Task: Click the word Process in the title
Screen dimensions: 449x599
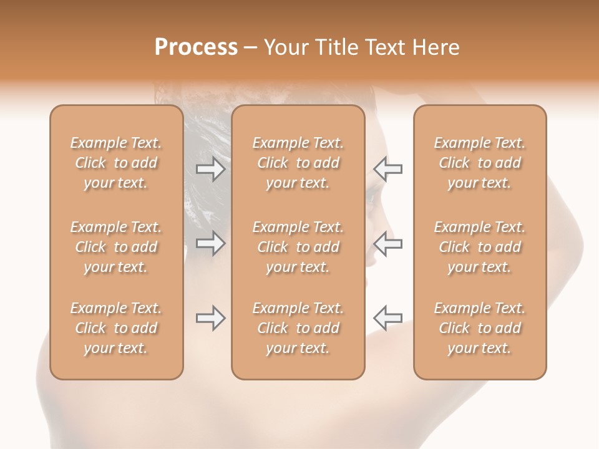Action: tap(196, 47)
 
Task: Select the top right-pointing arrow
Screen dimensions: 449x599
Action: tap(210, 169)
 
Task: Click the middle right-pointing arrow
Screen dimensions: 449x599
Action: tap(210, 243)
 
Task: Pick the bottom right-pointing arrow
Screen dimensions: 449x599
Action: tap(210, 318)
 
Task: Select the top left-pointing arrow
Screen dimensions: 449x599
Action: tap(388, 169)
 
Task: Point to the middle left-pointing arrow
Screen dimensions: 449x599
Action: tap(388, 243)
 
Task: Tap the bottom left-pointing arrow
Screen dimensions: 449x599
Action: tap(388, 318)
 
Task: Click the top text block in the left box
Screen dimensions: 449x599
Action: tap(116, 163)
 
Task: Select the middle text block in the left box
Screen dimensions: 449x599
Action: tap(116, 247)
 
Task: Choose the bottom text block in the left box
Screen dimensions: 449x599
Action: tap(116, 328)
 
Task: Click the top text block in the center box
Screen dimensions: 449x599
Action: tap(298, 163)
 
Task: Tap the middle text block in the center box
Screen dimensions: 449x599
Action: tap(298, 247)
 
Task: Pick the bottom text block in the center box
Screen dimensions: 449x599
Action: tap(298, 328)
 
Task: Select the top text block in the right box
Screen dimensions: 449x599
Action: tap(480, 163)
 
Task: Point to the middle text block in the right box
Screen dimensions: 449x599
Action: tap(480, 247)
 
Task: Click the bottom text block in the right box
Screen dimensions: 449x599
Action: tap(480, 328)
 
